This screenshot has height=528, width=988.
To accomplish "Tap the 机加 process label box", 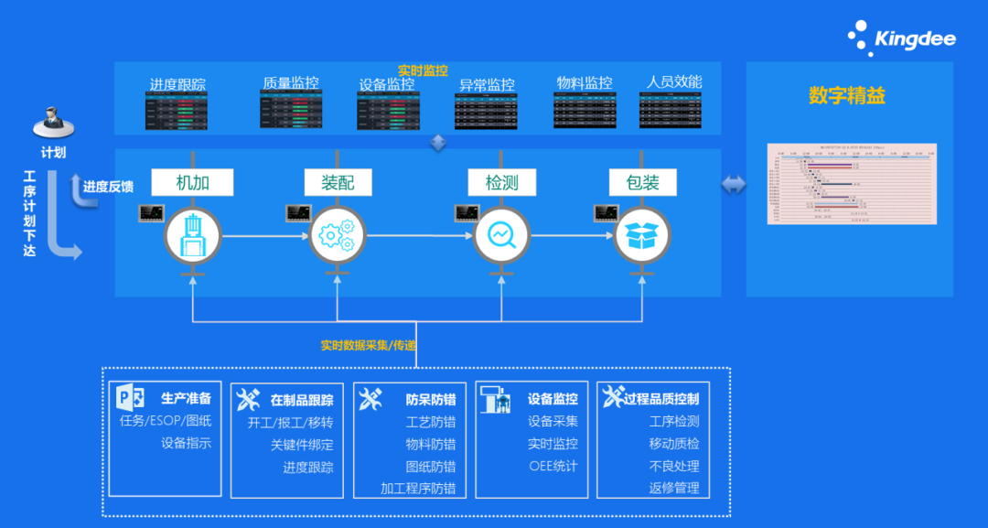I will [x=193, y=182].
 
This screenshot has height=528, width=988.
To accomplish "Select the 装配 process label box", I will [x=338, y=182].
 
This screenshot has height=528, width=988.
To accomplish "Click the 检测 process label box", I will [x=502, y=182].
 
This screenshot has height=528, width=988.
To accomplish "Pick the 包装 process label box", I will [x=643, y=182].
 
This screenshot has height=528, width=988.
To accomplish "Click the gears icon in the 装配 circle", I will [x=338, y=236].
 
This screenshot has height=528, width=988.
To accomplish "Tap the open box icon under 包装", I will [x=642, y=236].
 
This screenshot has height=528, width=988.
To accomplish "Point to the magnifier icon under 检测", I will [x=502, y=236].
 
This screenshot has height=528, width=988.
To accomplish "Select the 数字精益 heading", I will [x=847, y=95].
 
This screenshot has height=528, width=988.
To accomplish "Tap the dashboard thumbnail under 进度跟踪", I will [x=177, y=112].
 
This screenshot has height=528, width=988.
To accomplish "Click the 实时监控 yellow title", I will [x=423, y=70].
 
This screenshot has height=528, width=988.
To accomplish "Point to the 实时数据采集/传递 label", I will [x=368, y=346].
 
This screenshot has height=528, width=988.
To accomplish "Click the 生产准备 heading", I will [x=187, y=399].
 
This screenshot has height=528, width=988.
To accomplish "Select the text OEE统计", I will [x=553, y=466].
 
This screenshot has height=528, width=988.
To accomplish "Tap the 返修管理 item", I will [x=674, y=488].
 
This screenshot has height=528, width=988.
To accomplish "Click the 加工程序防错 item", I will [x=418, y=488].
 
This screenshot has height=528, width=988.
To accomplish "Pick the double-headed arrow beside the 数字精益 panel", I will [x=733, y=185].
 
